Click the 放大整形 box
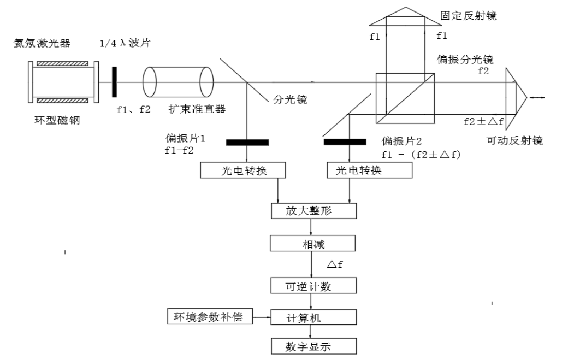tap(313, 210)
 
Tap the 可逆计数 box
tap(313, 285)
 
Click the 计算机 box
tap(313, 317)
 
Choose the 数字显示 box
tap(313, 346)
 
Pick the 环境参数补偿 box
tap(210, 316)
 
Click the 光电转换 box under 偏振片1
tap(244, 170)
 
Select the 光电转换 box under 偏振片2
tap(369, 170)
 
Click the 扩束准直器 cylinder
tap(178, 82)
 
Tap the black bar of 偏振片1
tap(247, 143)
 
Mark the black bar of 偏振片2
tap(345, 143)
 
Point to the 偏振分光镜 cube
tap(405, 99)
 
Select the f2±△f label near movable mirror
tap(483, 121)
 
